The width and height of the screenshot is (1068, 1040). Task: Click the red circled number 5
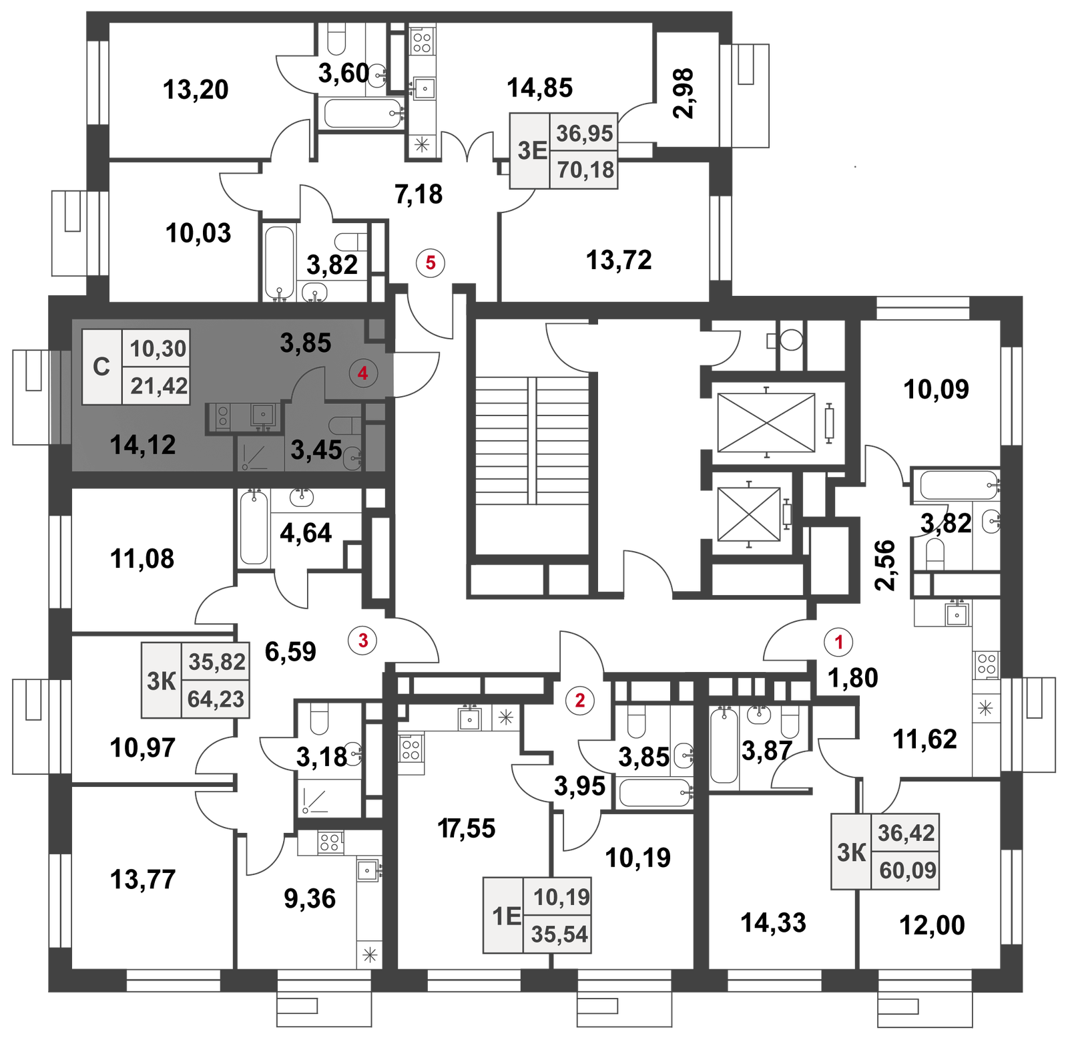[x=431, y=263]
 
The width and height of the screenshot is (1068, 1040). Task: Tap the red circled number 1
[x=839, y=642]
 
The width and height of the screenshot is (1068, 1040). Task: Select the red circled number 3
[x=363, y=641]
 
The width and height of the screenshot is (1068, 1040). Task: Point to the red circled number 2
[x=579, y=700]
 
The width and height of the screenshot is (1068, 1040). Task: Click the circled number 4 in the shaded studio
[x=363, y=373]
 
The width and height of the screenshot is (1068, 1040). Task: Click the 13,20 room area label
[x=196, y=90]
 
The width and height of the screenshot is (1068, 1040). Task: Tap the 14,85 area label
[x=540, y=88]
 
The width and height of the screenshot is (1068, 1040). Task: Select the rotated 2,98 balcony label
[x=684, y=93]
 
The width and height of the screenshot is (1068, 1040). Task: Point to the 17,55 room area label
[x=467, y=828]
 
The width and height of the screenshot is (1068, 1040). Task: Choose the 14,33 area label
[x=774, y=922]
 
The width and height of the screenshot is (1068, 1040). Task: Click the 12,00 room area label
[x=932, y=925]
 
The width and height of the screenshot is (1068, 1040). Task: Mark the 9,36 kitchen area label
[x=310, y=898]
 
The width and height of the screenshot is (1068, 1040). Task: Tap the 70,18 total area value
[x=585, y=170]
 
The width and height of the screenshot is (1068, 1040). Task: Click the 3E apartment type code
[x=532, y=150]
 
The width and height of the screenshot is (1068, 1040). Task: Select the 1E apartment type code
[x=506, y=916]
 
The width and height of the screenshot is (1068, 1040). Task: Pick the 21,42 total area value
[x=159, y=385]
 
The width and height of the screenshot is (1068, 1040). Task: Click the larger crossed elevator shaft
[x=766, y=423]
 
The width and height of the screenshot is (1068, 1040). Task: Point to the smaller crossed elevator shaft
[x=749, y=514]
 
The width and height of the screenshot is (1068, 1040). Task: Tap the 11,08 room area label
[x=142, y=558]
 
